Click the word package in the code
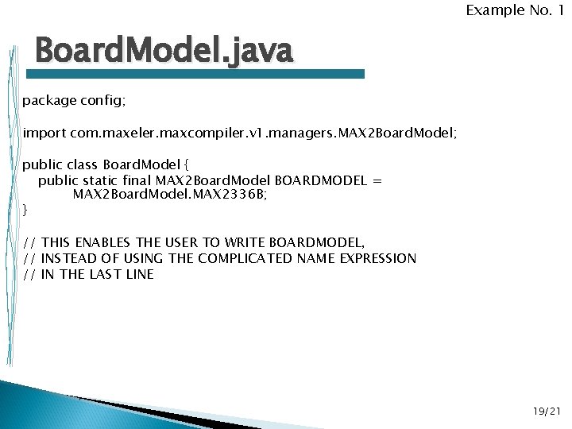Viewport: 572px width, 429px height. pyautogui.click(x=48, y=101)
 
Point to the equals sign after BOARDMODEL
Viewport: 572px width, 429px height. pyautogui.click(x=377, y=180)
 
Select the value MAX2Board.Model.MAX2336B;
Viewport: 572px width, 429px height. pyautogui.click(x=170, y=195)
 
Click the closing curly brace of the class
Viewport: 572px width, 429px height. pyautogui.click(x=25, y=210)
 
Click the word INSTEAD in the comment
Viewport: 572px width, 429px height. pyautogui.click(x=69, y=258)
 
